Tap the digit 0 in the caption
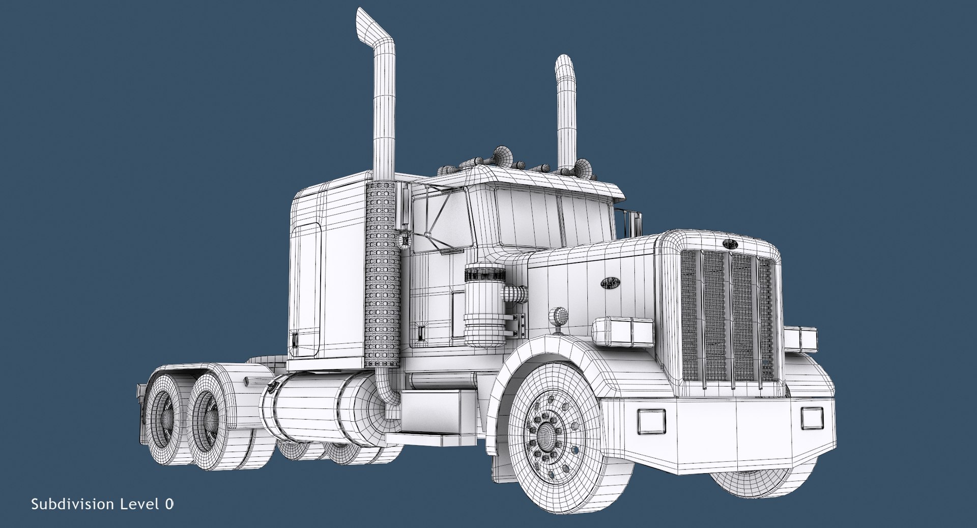pyautogui.click(x=169, y=504)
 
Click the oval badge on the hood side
pyautogui.click(x=610, y=284)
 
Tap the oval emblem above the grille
pyautogui.click(x=730, y=244)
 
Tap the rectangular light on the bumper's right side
pyautogui.click(x=809, y=417)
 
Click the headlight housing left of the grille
pyautogui.click(x=623, y=331)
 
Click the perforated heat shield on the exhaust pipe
pyautogui.click(x=381, y=275)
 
